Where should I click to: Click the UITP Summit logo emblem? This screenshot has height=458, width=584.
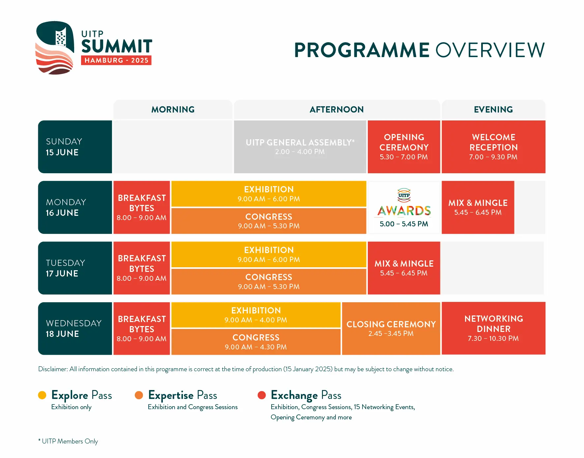click(55, 48)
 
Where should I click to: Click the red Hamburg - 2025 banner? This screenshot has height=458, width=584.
click(116, 60)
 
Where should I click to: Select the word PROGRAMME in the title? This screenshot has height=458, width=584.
click(362, 50)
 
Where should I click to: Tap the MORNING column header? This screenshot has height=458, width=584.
click(173, 110)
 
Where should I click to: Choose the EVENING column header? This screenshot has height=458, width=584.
click(493, 110)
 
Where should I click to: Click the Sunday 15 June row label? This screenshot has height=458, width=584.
click(75, 147)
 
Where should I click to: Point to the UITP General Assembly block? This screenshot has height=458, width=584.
click(300, 147)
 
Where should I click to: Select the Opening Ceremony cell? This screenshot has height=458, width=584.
click(404, 147)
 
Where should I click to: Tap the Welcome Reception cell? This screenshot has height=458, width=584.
click(493, 147)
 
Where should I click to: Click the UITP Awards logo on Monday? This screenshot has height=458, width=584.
click(404, 202)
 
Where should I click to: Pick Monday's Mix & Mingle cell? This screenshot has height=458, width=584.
click(478, 207)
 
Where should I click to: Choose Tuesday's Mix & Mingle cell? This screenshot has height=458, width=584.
click(404, 268)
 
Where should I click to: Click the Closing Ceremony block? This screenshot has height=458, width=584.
click(391, 329)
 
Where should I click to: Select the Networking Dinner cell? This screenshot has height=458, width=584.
click(493, 328)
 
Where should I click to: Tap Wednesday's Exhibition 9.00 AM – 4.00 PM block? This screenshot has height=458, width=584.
click(256, 315)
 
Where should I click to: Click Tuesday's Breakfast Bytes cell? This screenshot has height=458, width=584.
click(142, 268)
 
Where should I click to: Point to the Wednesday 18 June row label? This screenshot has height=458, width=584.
click(75, 329)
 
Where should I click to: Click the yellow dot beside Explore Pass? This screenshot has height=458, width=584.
click(42, 395)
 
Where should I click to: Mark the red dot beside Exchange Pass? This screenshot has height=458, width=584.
click(262, 395)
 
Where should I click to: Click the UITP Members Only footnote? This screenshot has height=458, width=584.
click(68, 441)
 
